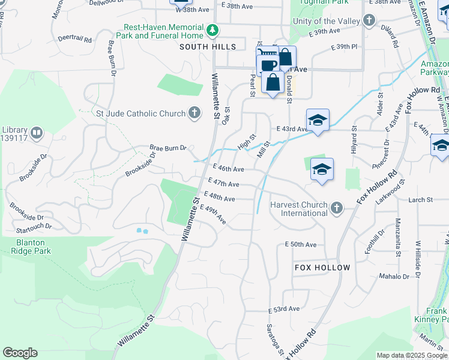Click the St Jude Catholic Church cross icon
pos(194,113)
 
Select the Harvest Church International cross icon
pos(337,208)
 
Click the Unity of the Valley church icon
pos(369,22)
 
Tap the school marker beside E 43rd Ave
pos(318,119)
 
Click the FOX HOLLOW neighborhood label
pos(322,267)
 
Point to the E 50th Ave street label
pos(300,245)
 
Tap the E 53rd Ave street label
pos(283,309)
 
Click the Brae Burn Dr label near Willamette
pos(168,148)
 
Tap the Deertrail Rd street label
pos(75,40)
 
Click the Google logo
pos(20,353)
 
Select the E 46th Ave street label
pos(228,170)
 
